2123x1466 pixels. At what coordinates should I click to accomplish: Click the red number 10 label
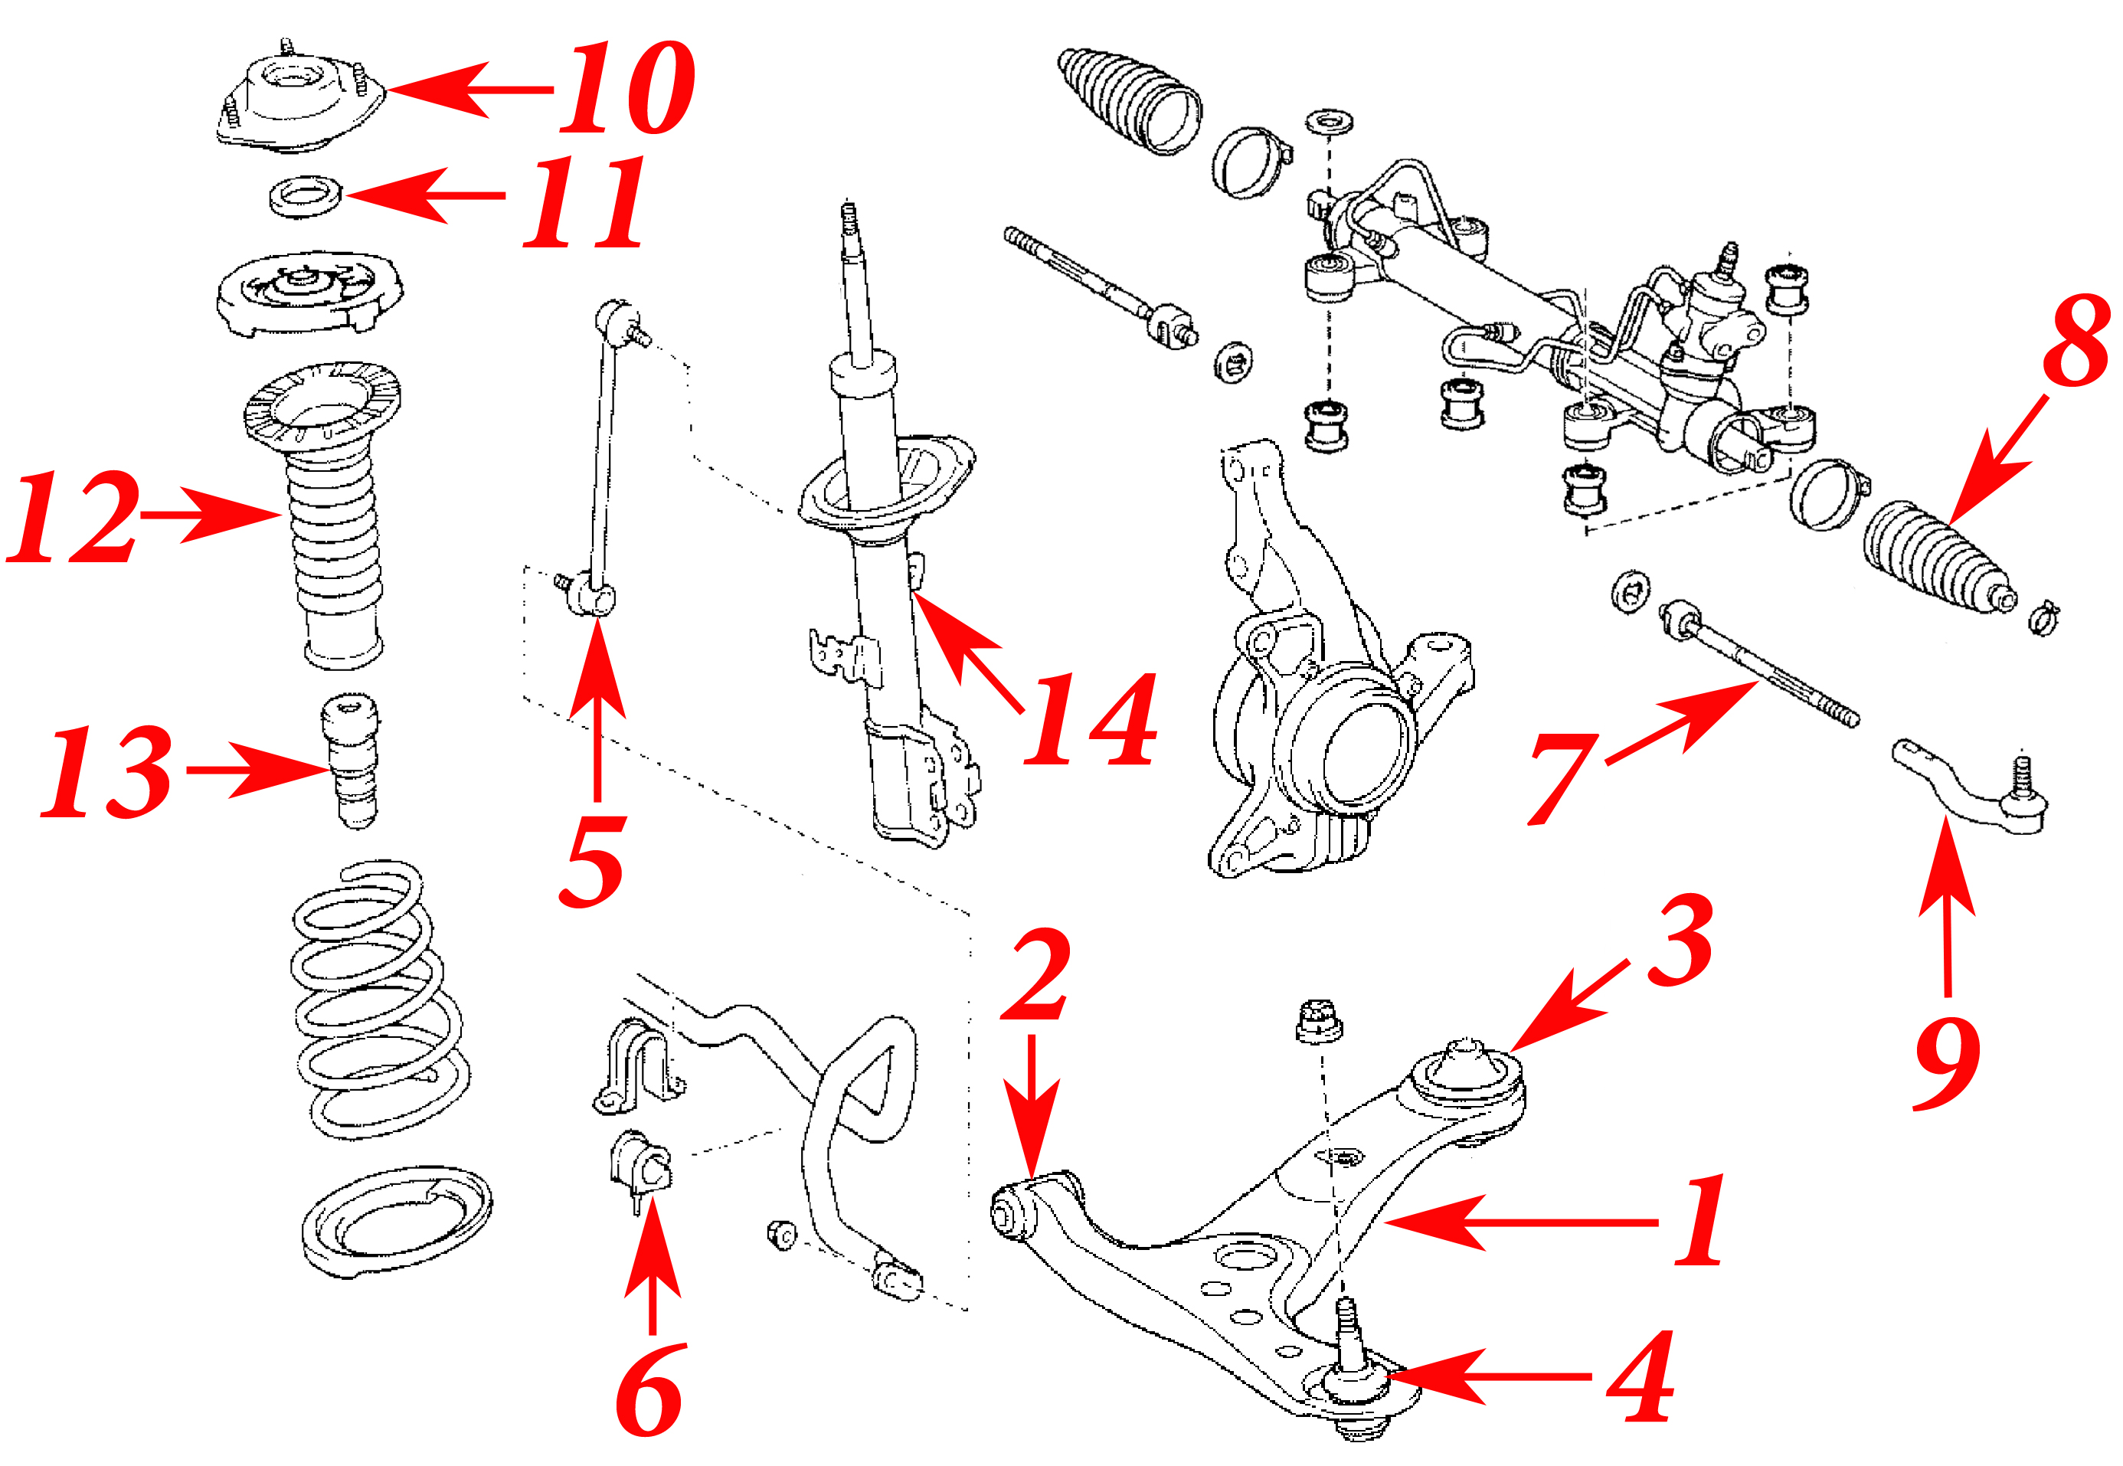pyautogui.click(x=626, y=89)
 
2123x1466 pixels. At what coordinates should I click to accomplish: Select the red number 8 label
pyautogui.click(x=2076, y=341)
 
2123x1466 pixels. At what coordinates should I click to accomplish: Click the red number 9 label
pyautogui.click(x=1946, y=1065)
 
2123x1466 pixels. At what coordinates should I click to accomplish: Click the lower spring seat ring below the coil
pyautogui.click(x=397, y=1222)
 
